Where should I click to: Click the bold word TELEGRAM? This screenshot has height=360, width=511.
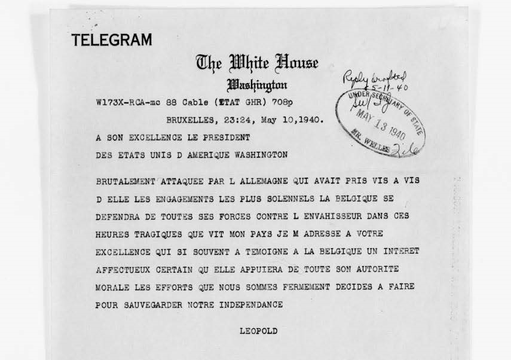tap(112, 41)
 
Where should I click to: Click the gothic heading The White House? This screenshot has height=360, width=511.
tap(257, 62)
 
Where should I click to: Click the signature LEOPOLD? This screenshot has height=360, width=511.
tap(258, 331)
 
